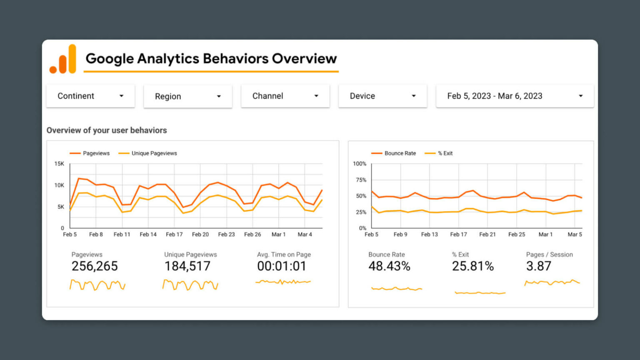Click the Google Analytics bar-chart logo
click(x=63, y=60)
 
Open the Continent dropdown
click(x=90, y=96)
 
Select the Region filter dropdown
click(x=187, y=96)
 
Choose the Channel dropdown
click(x=285, y=96)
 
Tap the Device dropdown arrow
click(x=413, y=96)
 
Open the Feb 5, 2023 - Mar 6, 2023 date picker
click(x=515, y=96)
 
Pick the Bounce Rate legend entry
click(x=400, y=153)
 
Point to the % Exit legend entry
click(x=445, y=153)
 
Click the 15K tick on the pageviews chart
click(x=59, y=164)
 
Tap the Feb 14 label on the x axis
click(x=148, y=235)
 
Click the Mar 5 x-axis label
click(x=575, y=235)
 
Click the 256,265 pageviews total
click(x=95, y=266)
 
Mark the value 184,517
click(x=187, y=266)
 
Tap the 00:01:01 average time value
click(x=282, y=266)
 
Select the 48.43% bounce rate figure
click(x=389, y=266)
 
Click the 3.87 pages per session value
click(x=538, y=266)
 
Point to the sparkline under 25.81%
click(x=480, y=293)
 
